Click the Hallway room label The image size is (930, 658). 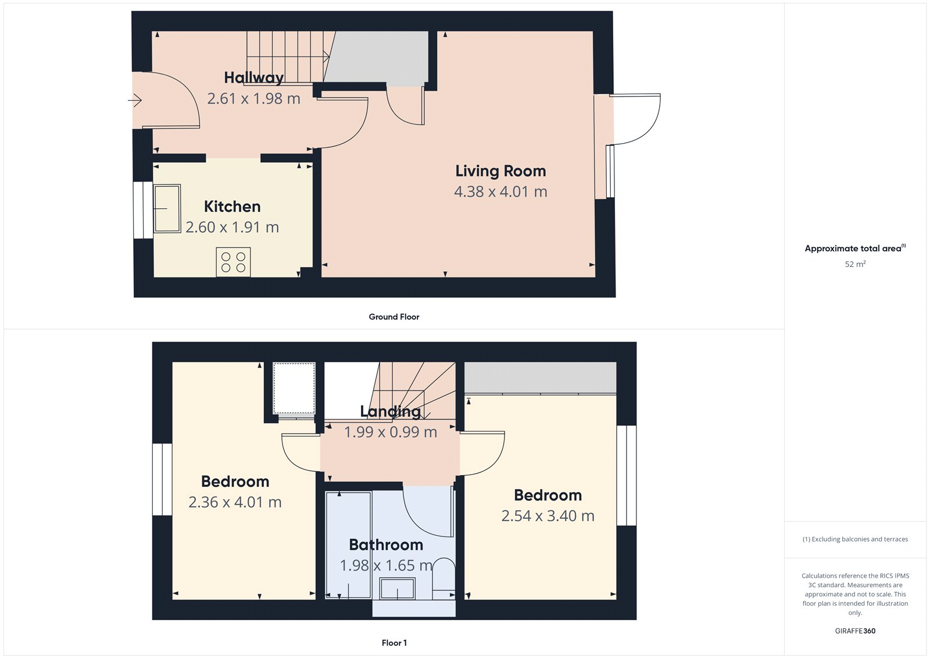(253, 77)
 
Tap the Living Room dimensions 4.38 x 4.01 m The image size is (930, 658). (500, 191)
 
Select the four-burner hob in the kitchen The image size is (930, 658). (233, 262)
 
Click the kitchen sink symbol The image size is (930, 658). (167, 208)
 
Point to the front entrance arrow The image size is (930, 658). (135, 101)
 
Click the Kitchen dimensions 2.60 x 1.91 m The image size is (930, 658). (232, 227)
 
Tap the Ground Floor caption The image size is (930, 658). (394, 316)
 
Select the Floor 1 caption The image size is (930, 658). (394, 643)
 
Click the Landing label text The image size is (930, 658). (390, 411)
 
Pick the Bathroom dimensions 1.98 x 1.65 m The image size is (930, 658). (386, 565)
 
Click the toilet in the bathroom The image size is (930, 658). (445, 579)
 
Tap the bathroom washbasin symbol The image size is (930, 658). (398, 588)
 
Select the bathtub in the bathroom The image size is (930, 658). (348, 544)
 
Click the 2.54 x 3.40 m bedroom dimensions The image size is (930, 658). (548, 516)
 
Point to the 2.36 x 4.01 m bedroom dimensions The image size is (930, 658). (235, 502)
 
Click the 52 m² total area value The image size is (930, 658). (855, 264)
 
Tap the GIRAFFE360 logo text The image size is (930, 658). (855, 631)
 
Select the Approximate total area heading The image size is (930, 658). (853, 248)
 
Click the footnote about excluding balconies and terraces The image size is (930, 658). (855, 539)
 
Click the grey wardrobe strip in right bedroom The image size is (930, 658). (540, 378)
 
